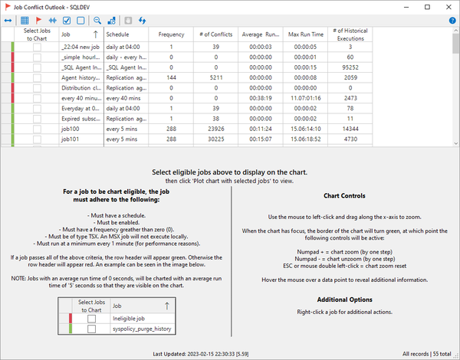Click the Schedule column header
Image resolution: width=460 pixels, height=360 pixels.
point(117,35)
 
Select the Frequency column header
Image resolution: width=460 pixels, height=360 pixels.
point(171,35)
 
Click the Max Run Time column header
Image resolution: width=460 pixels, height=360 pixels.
point(305,35)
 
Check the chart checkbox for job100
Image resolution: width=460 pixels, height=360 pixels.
point(37,129)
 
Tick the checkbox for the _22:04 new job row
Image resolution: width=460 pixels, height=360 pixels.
point(37,47)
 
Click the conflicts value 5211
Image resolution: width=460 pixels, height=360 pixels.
point(215,78)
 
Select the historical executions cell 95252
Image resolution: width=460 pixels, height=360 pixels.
point(350,67)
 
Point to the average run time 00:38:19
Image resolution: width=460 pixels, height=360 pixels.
point(260,99)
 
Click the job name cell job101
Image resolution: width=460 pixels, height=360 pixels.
point(71,140)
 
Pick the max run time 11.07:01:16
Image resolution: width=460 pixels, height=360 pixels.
point(305,99)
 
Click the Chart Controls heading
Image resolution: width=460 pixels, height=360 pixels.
point(344,196)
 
